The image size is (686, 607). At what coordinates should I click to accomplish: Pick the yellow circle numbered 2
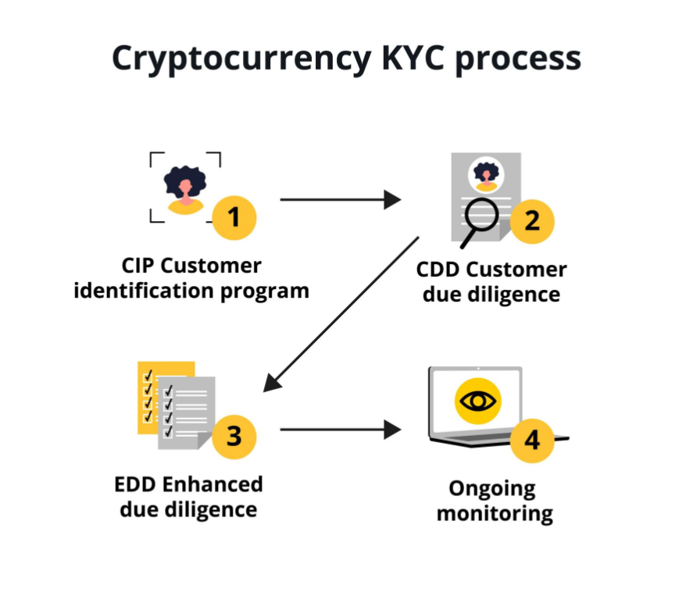click(x=532, y=220)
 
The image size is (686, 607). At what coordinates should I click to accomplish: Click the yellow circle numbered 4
click(x=532, y=441)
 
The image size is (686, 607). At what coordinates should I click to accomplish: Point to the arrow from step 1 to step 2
click(x=340, y=200)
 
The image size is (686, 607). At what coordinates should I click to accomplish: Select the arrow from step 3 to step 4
click(x=340, y=429)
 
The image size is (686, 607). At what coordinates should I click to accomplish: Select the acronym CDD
click(x=438, y=270)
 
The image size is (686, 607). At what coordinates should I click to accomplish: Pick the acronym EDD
click(x=134, y=484)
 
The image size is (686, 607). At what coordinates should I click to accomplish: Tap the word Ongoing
click(x=492, y=490)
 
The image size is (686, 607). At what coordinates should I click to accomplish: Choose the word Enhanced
click(x=213, y=484)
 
